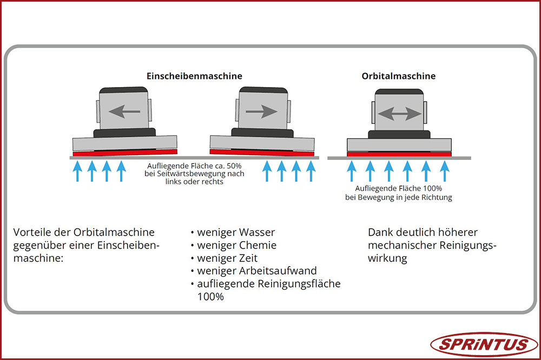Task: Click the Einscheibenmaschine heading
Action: (194, 76)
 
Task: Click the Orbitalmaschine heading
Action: (398, 76)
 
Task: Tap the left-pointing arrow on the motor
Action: (124, 112)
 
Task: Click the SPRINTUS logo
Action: (484, 344)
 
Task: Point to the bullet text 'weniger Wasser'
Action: (236, 232)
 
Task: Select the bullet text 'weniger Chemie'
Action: (236, 245)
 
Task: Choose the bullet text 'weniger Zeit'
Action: (227, 258)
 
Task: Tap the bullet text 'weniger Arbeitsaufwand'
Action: (257, 271)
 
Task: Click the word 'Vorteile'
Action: (30, 232)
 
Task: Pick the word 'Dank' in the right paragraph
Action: (379, 232)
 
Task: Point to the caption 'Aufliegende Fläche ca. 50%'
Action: (194, 166)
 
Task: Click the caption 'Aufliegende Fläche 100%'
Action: (399, 189)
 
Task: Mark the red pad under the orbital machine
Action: (399, 154)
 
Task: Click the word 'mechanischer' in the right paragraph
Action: (398, 245)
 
